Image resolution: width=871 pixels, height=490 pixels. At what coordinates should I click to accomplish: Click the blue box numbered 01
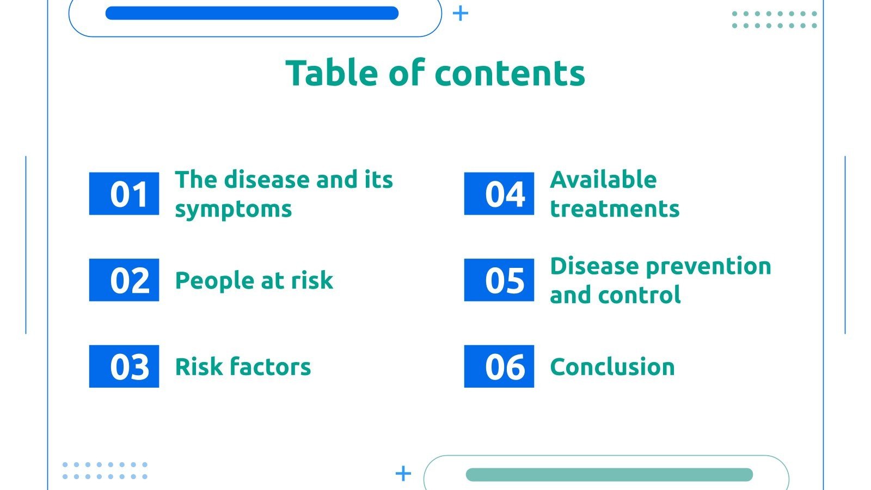(124, 194)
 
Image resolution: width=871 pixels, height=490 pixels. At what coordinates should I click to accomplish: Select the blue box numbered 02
(124, 280)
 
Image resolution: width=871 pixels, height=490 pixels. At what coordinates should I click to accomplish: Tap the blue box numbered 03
(124, 366)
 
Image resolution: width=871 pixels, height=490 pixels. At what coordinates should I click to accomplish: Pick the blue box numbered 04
(499, 194)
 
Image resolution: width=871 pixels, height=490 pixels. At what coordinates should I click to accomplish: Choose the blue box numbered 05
(499, 280)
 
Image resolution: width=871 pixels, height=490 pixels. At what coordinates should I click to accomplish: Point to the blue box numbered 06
(499, 366)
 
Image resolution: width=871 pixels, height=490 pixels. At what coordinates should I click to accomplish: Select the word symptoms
(233, 210)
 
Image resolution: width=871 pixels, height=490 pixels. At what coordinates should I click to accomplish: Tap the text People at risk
(254, 281)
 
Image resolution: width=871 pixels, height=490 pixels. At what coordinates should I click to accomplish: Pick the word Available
(603, 180)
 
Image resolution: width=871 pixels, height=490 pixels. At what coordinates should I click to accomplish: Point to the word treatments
(615, 209)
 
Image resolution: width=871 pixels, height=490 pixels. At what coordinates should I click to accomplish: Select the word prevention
(708, 267)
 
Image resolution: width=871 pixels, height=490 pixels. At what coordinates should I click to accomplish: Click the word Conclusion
(612, 367)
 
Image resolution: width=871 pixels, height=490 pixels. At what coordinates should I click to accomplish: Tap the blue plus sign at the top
(461, 13)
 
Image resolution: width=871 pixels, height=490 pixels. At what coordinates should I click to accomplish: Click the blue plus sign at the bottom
(403, 473)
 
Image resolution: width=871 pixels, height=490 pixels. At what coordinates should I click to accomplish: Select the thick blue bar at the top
(252, 13)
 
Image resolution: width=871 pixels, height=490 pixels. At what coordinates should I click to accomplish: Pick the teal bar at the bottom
(609, 475)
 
